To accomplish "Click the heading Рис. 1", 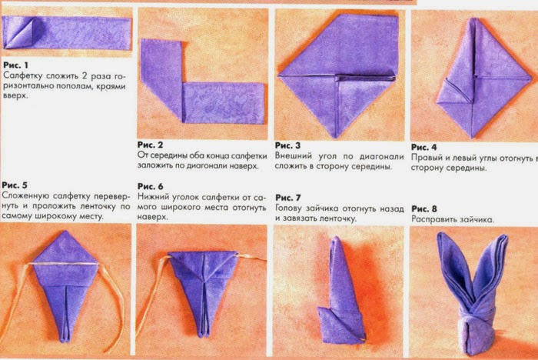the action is [x=16, y=65].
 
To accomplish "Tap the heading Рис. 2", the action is [x=151, y=145].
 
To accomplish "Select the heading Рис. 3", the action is [x=287, y=145].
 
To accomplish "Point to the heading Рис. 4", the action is [x=424, y=148].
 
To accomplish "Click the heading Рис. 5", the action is [x=15, y=185].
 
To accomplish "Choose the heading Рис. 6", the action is [x=151, y=186].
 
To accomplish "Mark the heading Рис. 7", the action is [x=288, y=198].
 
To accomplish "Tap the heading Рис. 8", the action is [x=424, y=209].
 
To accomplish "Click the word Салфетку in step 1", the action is [x=22, y=75].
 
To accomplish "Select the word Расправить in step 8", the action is [x=430, y=219].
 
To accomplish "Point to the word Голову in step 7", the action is [x=289, y=208].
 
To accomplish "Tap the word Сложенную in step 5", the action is [x=24, y=196].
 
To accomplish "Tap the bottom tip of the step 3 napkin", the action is [x=337, y=138].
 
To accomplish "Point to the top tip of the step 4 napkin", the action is [x=473, y=19].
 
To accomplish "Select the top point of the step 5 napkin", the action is [x=65, y=232].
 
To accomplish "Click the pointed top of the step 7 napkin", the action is [x=337, y=238].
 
